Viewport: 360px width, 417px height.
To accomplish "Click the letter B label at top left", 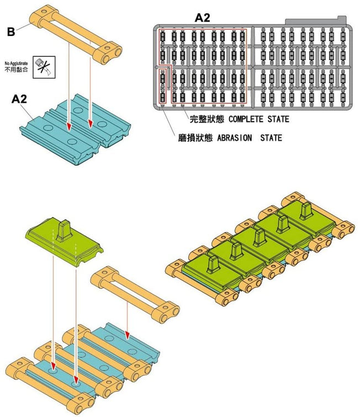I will pos(11,32).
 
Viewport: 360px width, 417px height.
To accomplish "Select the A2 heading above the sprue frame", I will pos(202,18).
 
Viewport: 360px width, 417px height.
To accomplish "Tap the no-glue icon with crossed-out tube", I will pos(40,67).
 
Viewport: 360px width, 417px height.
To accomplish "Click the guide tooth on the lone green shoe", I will pos(65,229).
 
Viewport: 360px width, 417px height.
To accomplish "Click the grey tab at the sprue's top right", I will pos(314,21).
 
